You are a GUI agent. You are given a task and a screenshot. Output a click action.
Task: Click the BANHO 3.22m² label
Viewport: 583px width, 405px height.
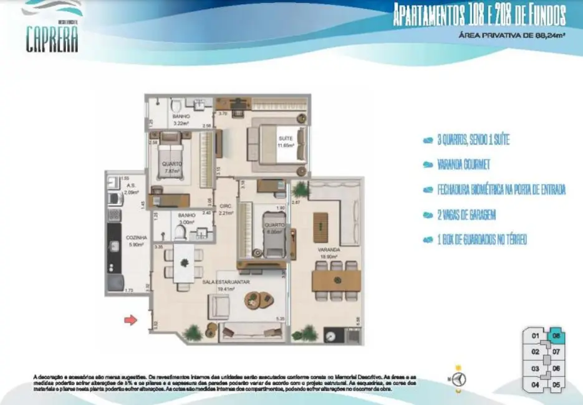point(181,120)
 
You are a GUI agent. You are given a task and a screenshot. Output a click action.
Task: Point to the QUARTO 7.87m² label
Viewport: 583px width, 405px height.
point(171,168)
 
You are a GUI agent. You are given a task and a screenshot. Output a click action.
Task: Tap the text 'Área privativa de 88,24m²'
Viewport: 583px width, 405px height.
point(512,36)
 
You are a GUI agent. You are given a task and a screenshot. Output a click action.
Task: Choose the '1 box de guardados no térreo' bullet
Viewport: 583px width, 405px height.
point(475,239)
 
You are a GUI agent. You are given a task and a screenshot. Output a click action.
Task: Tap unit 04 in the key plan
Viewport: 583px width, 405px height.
point(535,384)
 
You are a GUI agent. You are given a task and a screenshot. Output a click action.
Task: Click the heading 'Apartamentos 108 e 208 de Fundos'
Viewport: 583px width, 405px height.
point(479,15)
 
